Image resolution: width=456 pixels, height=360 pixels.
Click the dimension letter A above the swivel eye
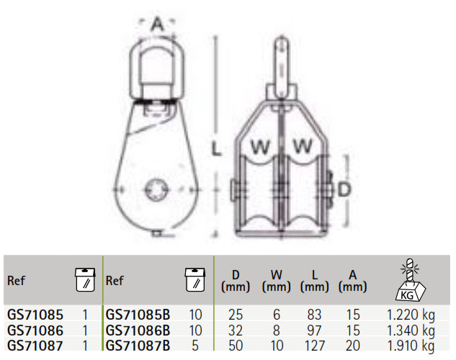tap(158, 24)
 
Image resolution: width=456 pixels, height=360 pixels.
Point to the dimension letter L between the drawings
tap(216, 150)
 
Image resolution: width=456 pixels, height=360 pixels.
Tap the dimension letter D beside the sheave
tap(344, 189)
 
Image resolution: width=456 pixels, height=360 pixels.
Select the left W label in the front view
tap(260, 146)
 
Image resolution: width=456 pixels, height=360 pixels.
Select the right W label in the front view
tap(303, 145)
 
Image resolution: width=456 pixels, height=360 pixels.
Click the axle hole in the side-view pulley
tap(157, 190)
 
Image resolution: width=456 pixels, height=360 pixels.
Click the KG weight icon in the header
tap(410, 279)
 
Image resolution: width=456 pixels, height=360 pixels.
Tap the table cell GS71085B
tap(138, 315)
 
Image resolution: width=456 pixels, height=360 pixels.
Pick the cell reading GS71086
tap(35, 330)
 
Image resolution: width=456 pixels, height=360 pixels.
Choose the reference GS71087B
tap(138, 346)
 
